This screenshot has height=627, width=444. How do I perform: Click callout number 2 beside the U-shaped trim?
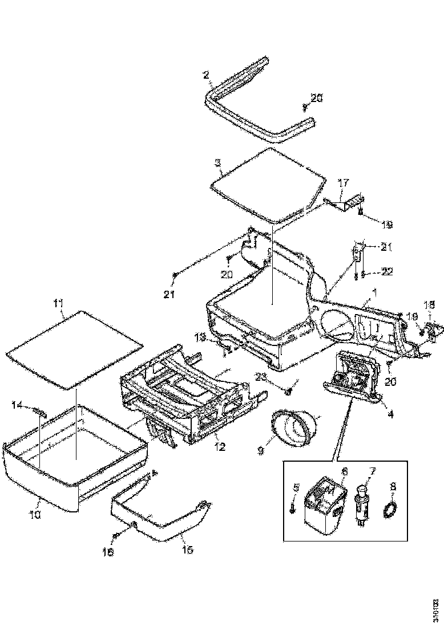point(207,74)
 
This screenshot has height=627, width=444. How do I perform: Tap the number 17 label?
point(343,184)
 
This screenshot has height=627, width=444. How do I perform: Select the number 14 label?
point(17,405)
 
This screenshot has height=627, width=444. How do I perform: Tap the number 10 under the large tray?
point(35,514)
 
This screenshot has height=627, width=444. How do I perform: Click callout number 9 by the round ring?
point(260,450)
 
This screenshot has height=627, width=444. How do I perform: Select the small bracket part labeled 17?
point(348,202)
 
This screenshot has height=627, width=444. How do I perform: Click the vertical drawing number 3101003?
point(435,609)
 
